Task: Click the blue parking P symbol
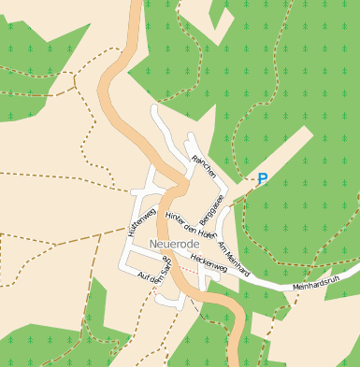263,178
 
